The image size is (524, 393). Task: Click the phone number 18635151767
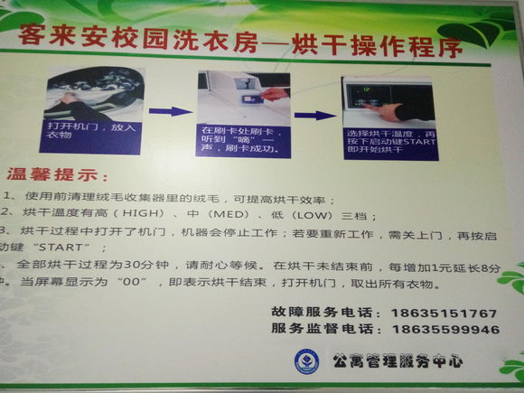(444, 313)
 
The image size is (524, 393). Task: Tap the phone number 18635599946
(444, 330)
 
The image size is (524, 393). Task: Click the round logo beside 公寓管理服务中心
(306, 361)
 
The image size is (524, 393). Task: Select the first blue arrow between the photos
(170, 111)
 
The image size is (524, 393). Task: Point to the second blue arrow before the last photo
(309, 115)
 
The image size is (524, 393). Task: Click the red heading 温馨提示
(57, 174)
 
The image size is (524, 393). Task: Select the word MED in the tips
(220, 216)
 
